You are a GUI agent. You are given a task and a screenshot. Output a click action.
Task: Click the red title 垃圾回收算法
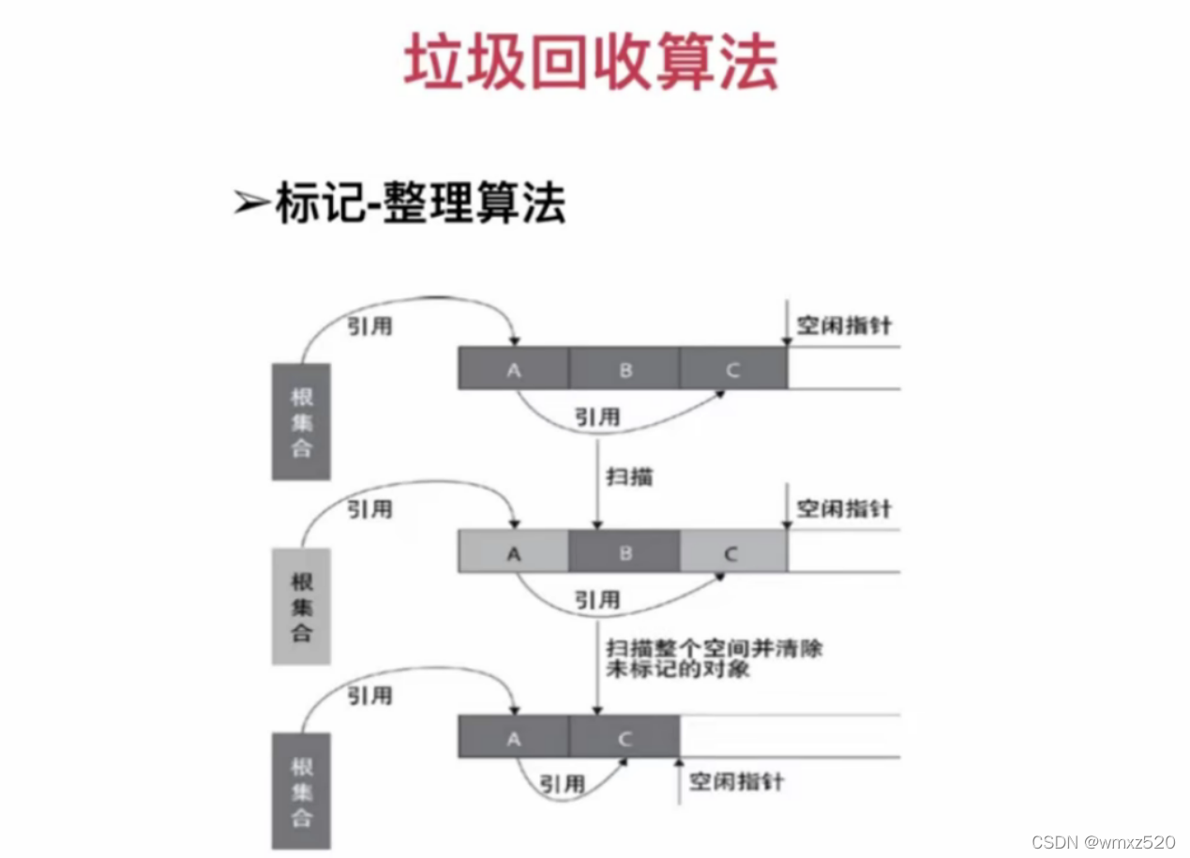(x=591, y=63)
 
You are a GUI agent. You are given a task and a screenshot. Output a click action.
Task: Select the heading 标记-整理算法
(x=419, y=203)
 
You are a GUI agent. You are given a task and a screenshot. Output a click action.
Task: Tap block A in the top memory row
(x=513, y=369)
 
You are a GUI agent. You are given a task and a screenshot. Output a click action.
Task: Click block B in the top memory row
(x=625, y=369)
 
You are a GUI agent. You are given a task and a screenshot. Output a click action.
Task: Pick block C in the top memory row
(x=732, y=369)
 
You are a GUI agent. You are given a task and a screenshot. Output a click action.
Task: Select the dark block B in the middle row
(x=625, y=551)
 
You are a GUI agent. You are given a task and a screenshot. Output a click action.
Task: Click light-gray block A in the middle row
(x=513, y=551)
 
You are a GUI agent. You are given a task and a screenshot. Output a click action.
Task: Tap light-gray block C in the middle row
(x=732, y=551)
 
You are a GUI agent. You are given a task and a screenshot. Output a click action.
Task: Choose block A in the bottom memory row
(x=513, y=737)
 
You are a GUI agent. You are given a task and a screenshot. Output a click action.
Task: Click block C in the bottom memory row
(x=625, y=737)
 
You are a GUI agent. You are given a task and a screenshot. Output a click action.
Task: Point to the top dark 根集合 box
(x=301, y=421)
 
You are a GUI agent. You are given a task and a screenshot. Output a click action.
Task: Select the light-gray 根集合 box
(x=301, y=605)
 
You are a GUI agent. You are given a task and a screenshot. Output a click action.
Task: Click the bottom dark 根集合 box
(x=301, y=790)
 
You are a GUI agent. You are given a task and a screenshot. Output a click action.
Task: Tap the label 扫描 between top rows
(x=629, y=477)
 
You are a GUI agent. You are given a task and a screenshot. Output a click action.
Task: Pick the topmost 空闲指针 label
(x=844, y=326)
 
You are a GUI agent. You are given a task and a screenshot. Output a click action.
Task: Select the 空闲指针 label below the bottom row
(x=736, y=781)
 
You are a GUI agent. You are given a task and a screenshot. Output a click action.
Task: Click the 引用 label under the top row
(x=597, y=416)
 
